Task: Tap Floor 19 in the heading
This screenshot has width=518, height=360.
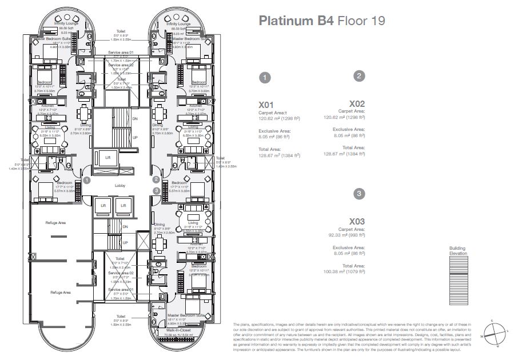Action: [361, 22]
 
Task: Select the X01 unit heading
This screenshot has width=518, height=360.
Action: [267, 105]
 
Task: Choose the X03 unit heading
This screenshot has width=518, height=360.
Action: [357, 221]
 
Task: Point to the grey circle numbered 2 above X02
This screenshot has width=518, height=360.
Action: [359, 76]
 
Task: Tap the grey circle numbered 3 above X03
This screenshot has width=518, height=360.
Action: [358, 194]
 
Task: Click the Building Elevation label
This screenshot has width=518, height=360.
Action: [457, 251]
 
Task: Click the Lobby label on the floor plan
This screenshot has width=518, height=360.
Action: [121, 186]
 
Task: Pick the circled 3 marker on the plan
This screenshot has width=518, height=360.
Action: [156, 190]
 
